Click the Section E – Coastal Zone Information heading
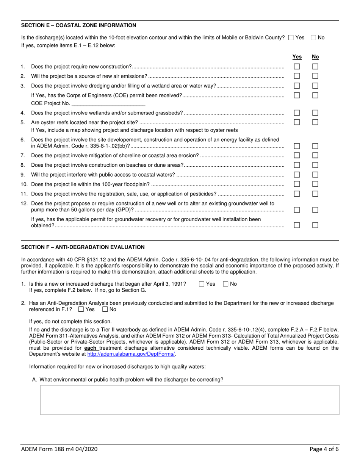tap(78, 25)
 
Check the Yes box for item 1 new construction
tap(297, 67)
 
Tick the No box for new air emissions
tap(315, 76)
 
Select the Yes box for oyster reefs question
tap(297, 122)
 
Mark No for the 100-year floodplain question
tap(315, 184)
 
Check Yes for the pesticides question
tap(297, 194)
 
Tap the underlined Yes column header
tap(297, 57)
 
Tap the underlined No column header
tap(315, 57)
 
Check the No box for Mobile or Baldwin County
tap(313, 38)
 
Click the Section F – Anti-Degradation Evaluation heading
tap(83, 247)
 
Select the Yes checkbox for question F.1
tap(202, 284)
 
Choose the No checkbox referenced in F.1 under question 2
tap(105, 310)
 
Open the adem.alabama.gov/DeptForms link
tap(131, 354)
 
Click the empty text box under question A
tap(189, 400)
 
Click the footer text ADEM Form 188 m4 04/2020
tap(59, 449)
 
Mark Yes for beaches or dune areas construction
tap(297, 165)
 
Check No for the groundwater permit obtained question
tap(315, 225)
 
